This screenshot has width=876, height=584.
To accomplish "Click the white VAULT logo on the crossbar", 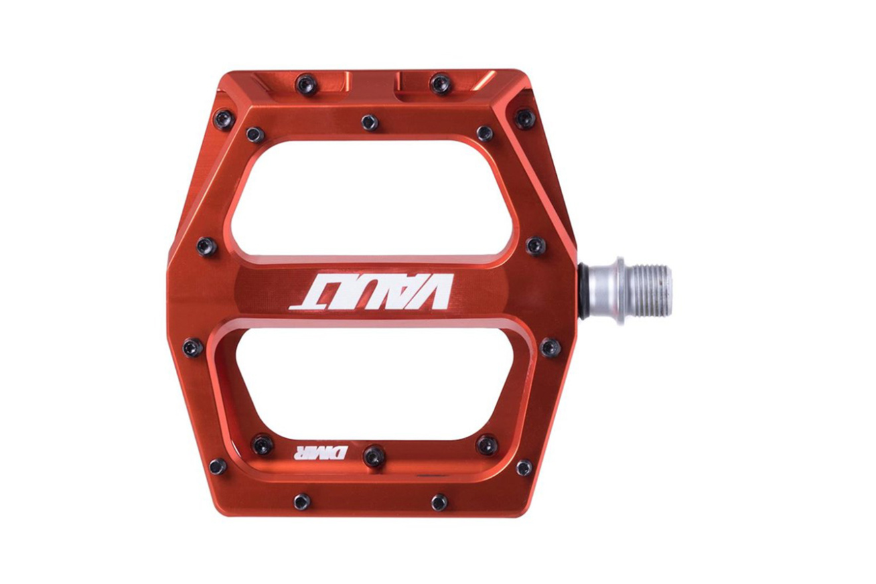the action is tap(372, 292).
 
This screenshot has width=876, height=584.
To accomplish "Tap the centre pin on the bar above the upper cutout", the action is tap(370, 122).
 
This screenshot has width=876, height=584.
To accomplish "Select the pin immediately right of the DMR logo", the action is tap(374, 457).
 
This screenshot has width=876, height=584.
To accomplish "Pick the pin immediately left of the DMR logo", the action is tap(262, 445).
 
